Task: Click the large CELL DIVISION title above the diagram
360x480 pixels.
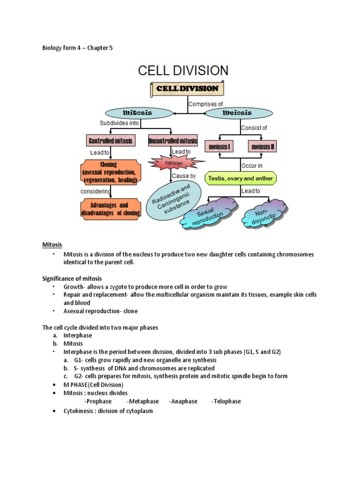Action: [x=183, y=71]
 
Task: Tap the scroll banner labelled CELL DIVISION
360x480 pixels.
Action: [x=187, y=89]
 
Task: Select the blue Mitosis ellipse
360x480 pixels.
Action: [x=137, y=113]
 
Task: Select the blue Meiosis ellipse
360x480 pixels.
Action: [x=237, y=113]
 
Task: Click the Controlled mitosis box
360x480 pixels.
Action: [x=111, y=141]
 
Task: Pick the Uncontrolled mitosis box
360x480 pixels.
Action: [x=172, y=141]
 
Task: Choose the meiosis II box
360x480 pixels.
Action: [x=263, y=147]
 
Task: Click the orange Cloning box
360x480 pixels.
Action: [x=111, y=172]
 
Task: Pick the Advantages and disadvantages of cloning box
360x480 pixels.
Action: [x=111, y=209]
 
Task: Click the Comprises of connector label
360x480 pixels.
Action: [x=205, y=104]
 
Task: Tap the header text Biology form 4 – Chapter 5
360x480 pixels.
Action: [x=77, y=48]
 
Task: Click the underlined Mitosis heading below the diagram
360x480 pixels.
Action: [x=52, y=245]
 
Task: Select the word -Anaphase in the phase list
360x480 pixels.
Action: [x=184, y=401]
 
